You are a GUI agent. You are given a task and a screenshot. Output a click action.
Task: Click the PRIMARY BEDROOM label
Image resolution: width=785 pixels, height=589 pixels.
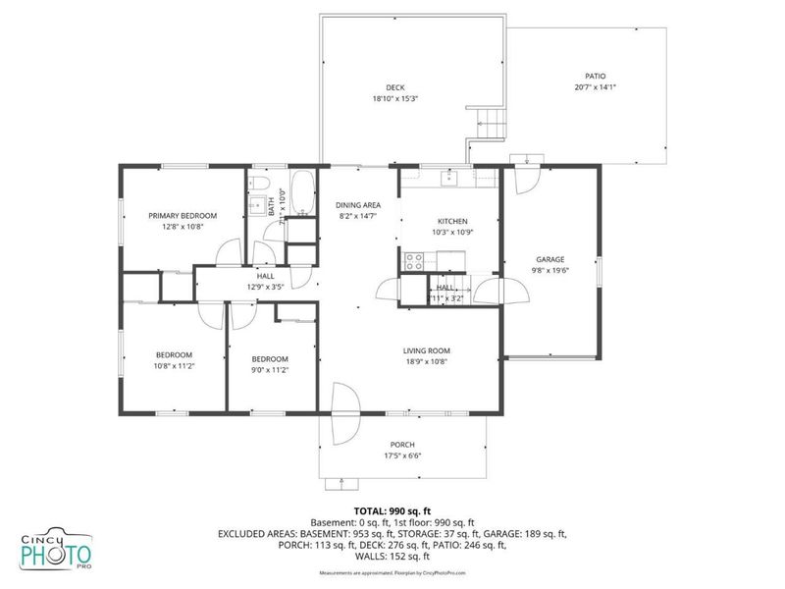tap(183, 215)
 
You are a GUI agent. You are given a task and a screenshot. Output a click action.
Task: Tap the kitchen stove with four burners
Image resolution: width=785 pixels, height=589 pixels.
tap(414, 261)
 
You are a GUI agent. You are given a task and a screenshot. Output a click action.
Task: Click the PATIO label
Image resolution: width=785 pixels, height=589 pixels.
tap(595, 75)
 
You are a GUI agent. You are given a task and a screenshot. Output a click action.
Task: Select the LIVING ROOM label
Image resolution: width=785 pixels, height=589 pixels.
tap(426, 350)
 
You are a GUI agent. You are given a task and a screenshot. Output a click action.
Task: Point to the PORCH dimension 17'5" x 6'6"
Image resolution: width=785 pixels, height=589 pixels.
tap(402, 455)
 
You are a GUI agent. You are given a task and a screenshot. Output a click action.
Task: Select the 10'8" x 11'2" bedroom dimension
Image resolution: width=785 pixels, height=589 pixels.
tap(174, 366)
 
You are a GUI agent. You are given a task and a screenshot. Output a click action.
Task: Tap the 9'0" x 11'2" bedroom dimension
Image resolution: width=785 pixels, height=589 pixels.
tap(269, 370)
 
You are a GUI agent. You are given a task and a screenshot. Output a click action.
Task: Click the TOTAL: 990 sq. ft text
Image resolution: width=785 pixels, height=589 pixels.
tap(392, 510)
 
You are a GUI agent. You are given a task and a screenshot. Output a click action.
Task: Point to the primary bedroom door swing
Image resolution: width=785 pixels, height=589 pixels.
tap(229, 253)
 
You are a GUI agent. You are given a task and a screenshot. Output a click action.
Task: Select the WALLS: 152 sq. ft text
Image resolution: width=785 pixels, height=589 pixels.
tap(392, 557)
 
